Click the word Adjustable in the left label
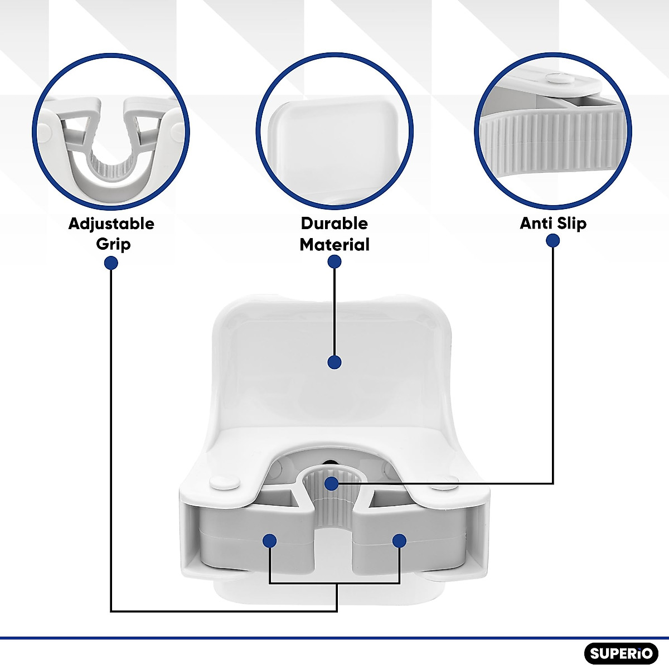pos(111,224)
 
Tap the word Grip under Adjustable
pos(113,244)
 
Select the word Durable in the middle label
pos(334,224)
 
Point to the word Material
pos(334,244)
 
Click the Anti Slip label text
pos(553,224)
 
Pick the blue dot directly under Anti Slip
pos(553,240)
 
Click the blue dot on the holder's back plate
pos(334,362)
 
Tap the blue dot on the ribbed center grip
pos(332,483)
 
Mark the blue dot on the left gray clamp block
pos(270,540)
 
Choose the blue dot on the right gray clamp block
pos(399,540)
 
